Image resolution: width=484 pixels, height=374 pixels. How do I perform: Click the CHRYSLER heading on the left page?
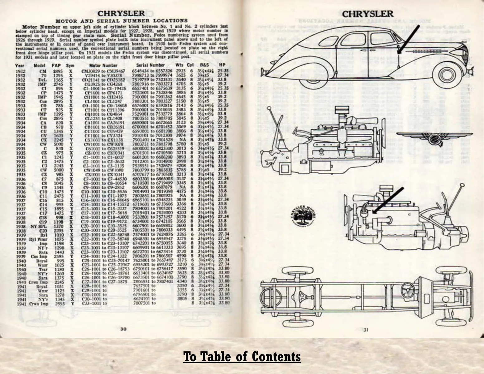(x=121, y=13)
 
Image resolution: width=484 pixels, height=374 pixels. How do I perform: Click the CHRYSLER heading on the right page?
(x=367, y=14)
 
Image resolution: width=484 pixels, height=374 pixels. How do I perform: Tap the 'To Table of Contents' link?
(x=242, y=356)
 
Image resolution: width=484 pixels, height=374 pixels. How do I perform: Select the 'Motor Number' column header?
(x=103, y=65)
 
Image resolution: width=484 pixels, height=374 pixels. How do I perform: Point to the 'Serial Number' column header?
(x=150, y=65)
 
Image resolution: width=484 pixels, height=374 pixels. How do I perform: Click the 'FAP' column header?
(x=56, y=65)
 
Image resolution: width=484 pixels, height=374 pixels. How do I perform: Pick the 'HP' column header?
(x=222, y=65)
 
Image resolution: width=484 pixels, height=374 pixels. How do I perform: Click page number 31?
(x=366, y=330)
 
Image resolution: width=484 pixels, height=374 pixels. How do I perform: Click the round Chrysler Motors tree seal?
(x=302, y=215)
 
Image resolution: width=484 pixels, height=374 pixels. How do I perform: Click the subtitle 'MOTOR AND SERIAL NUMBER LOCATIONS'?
(x=121, y=21)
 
